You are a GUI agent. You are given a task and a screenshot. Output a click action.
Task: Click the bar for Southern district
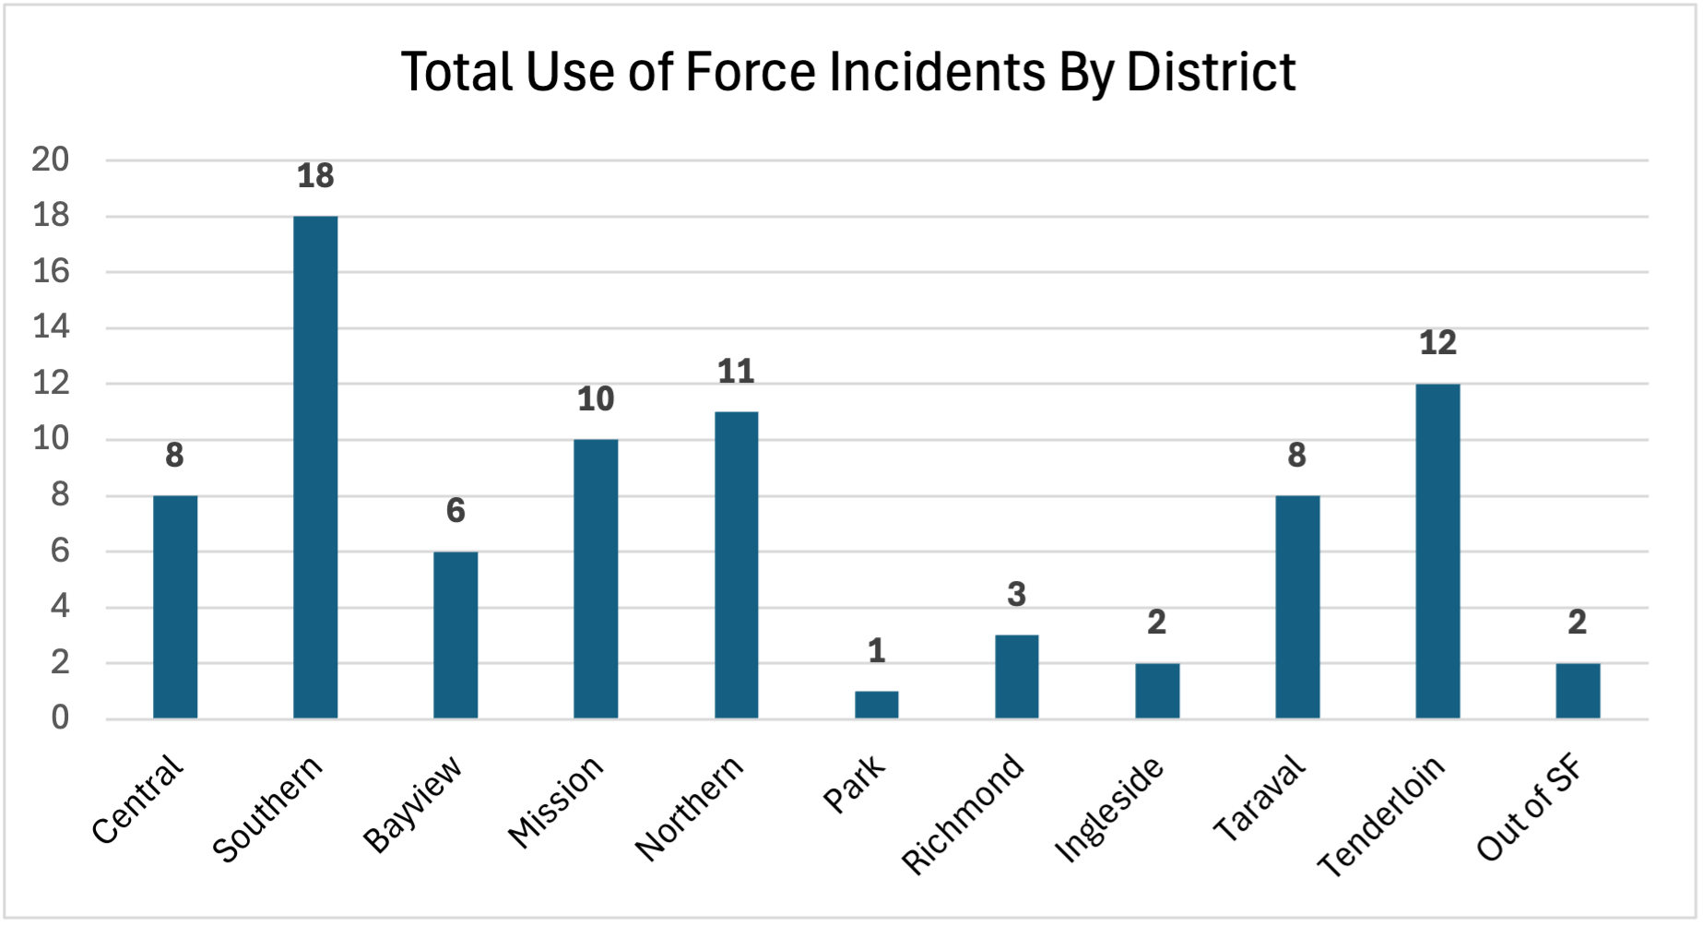coord(315,467)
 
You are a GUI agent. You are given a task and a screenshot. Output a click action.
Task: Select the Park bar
coord(876,705)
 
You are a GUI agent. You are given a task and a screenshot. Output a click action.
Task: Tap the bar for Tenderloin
coord(1437,551)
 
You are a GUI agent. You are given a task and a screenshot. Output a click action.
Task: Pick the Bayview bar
coord(455,634)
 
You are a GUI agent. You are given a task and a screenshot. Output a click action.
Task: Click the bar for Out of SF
coord(1578,691)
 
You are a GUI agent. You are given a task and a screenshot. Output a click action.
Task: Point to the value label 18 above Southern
coord(315,176)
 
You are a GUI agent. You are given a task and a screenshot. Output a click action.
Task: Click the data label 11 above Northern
coord(736,372)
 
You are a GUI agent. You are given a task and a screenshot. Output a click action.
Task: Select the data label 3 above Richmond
coord(1016,595)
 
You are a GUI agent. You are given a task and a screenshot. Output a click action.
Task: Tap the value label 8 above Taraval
coord(1296,456)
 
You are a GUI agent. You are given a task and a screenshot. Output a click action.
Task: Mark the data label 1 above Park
coord(876,651)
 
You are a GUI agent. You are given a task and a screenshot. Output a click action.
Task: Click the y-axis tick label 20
coord(50,160)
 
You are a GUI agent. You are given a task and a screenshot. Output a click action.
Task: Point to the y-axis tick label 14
coord(50,327)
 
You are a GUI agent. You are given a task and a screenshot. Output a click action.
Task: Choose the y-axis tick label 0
coord(60,717)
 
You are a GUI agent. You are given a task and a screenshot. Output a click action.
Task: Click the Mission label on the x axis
coord(556,800)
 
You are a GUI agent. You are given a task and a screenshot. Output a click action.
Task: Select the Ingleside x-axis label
coord(1110,810)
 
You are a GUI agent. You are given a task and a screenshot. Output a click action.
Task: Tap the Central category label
coord(138,799)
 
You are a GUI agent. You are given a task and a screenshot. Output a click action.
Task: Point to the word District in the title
coord(1211,72)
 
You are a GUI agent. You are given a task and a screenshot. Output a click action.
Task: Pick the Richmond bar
coord(1016,676)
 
